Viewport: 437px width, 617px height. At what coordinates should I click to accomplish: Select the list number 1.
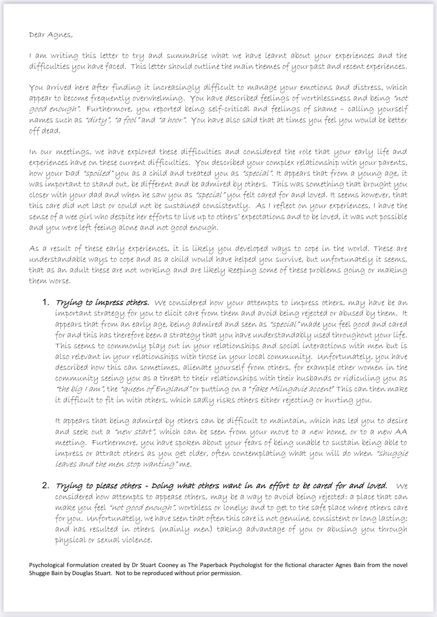click(x=46, y=302)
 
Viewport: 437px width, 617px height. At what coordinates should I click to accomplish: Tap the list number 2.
click(x=46, y=486)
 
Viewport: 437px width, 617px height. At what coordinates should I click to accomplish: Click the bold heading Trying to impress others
click(x=102, y=303)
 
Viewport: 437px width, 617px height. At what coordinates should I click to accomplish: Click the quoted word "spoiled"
click(x=99, y=174)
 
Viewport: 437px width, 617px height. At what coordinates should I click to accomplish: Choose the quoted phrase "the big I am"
click(x=80, y=389)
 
